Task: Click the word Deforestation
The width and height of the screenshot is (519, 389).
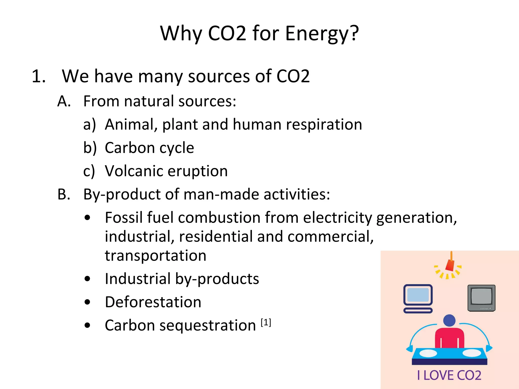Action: pos(153,302)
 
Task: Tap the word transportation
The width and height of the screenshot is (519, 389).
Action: pos(156,256)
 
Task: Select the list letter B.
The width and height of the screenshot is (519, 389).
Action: pos(64,194)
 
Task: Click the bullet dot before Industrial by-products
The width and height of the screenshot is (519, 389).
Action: pos(87,279)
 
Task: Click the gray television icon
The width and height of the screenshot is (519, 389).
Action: pos(481,298)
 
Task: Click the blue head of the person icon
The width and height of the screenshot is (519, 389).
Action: pos(449,320)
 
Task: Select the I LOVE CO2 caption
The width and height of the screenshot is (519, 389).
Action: pos(449,375)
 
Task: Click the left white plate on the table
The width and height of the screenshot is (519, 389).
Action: pos(428,353)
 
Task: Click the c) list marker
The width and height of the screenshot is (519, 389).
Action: pos(89,171)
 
